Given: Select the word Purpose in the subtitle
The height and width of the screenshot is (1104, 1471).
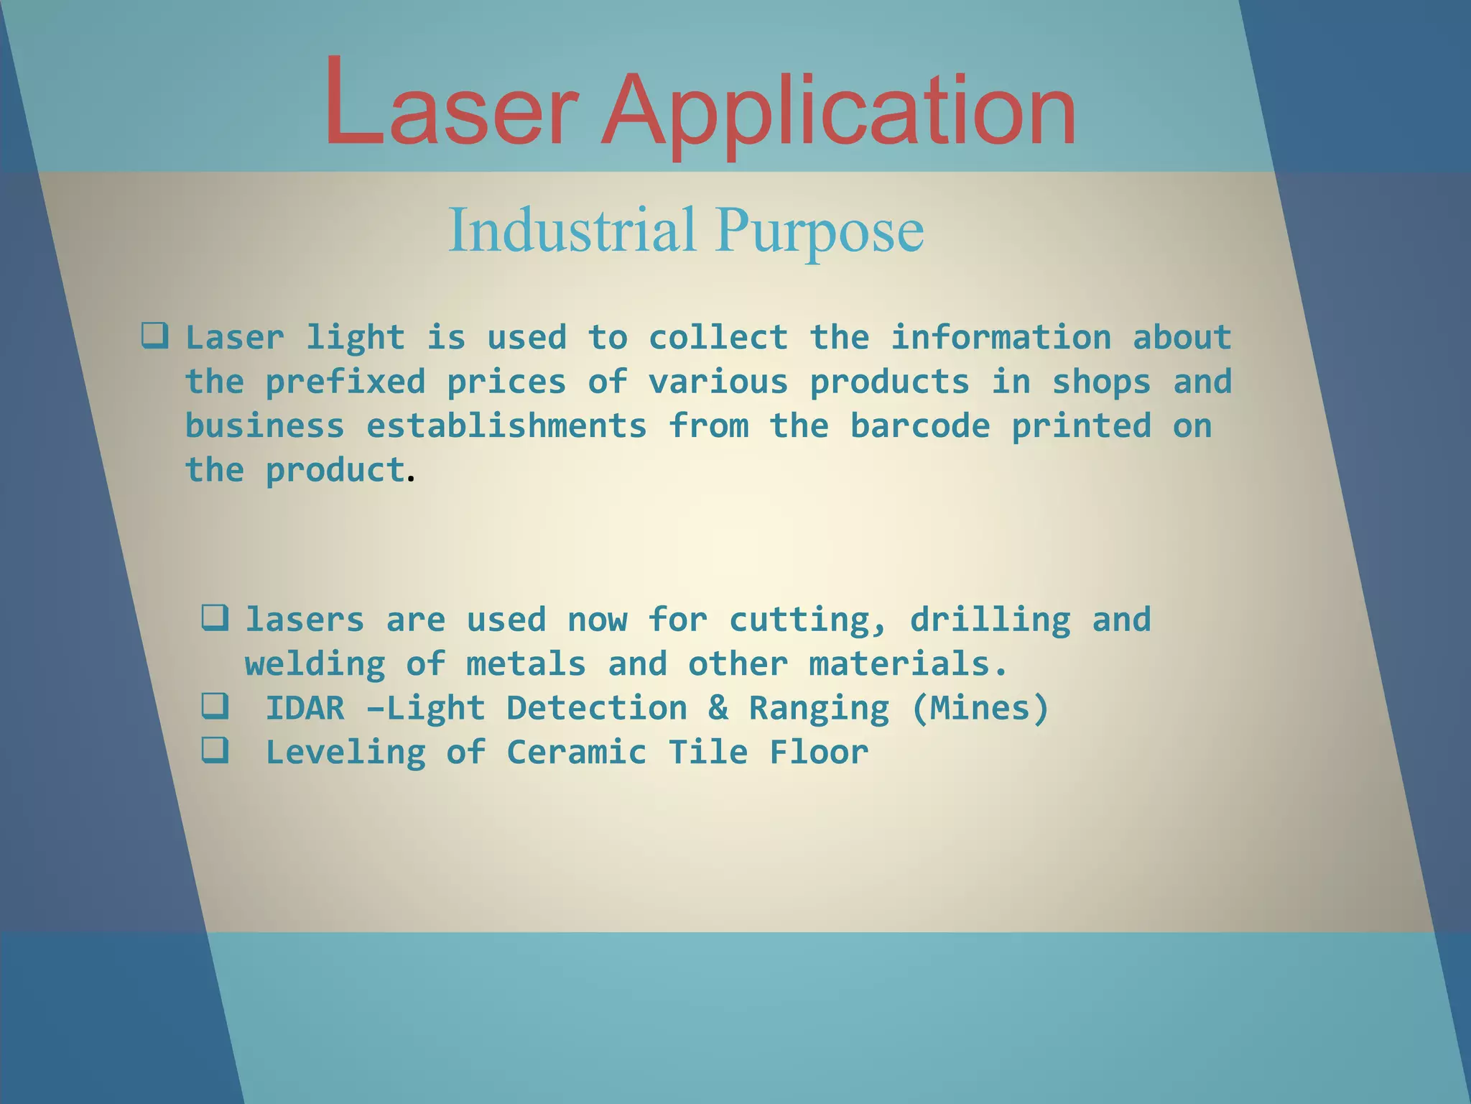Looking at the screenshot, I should tap(820, 231).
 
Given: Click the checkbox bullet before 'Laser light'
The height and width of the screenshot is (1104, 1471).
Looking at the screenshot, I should tap(155, 336).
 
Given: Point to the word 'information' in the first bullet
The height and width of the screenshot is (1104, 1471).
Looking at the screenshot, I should tap(1001, 338).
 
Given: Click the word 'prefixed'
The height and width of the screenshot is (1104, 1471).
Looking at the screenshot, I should tap(345, 382).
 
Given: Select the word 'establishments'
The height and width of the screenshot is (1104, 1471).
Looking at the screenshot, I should tap(506, 426).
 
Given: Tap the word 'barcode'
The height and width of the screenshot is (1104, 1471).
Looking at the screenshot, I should tap(920, 426).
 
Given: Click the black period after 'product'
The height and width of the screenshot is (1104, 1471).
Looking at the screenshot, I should tap(411, 478).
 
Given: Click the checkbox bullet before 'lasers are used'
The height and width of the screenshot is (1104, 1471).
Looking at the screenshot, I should tap(215, 617).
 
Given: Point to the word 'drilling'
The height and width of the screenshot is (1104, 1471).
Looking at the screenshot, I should tap(990, 620).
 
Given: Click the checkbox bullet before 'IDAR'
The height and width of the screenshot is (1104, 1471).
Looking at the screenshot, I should tap(215, 707).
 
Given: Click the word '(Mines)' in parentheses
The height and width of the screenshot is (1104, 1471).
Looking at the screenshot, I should tap(980, 709).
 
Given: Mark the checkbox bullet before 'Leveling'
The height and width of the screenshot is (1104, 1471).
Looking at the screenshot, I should tap(215, 750).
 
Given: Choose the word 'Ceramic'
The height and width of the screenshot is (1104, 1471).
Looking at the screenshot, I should tap(577, 753).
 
